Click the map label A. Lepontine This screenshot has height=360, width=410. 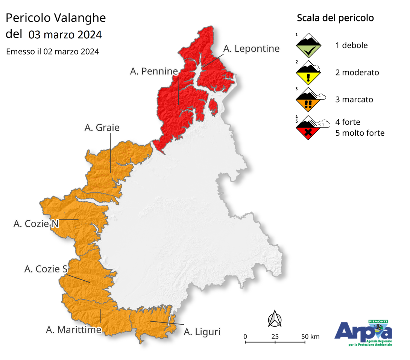[251, 48]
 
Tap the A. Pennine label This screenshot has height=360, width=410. [154, 71]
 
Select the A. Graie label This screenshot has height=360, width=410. [102, 128]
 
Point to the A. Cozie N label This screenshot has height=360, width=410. [36, 224]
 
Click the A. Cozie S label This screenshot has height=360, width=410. [46, 269]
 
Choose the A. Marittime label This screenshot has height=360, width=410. [74, 330]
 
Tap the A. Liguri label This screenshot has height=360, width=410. [202, 331]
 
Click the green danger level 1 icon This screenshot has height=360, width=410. [308, 45]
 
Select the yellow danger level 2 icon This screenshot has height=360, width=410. [308, 73]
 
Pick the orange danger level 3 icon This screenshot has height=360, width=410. [308, 100]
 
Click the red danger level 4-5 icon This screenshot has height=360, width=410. [308, 128]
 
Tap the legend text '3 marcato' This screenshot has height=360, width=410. [354, 100]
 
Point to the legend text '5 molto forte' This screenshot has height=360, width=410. [360, 133]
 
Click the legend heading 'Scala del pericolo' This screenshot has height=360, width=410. [335, 18]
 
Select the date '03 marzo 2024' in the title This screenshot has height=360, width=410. [65, 35]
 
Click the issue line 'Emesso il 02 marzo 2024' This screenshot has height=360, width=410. [53, 51]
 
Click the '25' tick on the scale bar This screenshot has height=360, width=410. [275, 336]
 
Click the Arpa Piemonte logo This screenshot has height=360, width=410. [363, 333]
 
